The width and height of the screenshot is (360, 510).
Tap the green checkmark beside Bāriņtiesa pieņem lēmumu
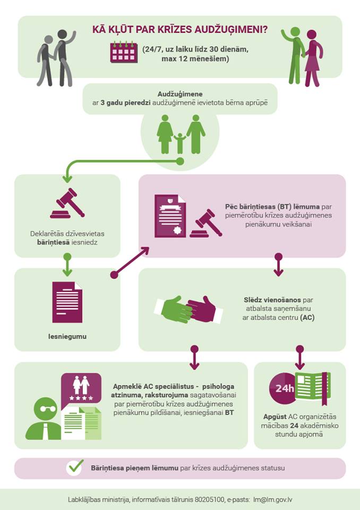tap(75, 467)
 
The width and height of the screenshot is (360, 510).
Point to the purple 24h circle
tap(284, 388)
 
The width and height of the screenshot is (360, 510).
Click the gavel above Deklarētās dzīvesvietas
tap(67, 203)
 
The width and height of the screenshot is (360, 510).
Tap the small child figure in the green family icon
tap(180, 142)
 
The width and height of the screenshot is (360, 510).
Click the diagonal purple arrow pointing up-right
tap(131, 261)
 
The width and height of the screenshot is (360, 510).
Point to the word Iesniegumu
tap(67, 336)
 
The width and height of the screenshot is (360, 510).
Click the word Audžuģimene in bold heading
tap(180, 93)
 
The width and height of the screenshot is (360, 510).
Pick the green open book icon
tap(313, 387)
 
